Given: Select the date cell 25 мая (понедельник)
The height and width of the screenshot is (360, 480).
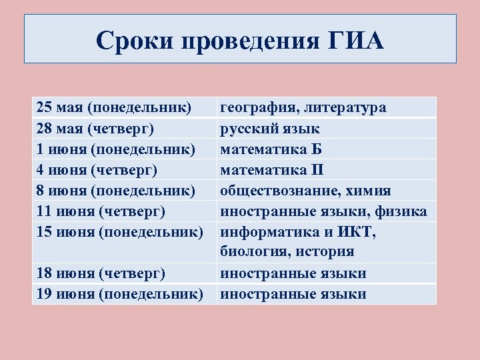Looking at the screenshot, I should pyautogui.click(x=114, y=107).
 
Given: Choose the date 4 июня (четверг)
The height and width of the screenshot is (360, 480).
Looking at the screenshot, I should pyautogui.click(x=97, y=170).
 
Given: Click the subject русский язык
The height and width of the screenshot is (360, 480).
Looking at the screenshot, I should pyautogui.click(x=269, y=128).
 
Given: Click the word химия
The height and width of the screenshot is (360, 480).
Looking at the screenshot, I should pyautogui.click(x=369, y=191).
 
